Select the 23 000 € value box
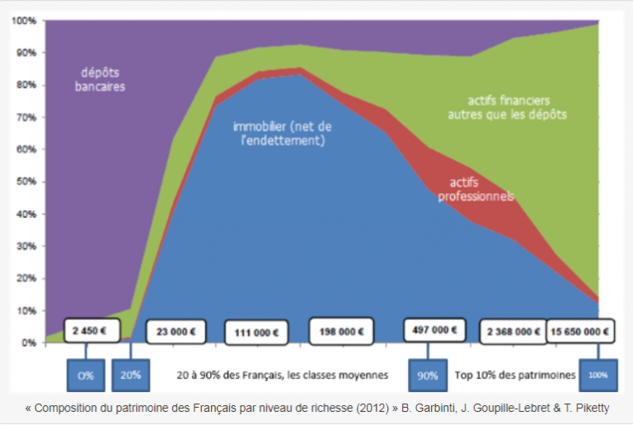(x=174, y=332)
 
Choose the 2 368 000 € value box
(x=513, y=331)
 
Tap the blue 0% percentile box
(x=86, y=375)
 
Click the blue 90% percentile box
(x=427, y=375)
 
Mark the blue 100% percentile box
(x=597, y=375)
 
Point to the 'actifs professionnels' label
(x=482, y=189)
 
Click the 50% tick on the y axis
(x=24, y=182)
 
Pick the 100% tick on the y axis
(x=22, y=21)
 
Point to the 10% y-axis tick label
(x=24, y=310)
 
